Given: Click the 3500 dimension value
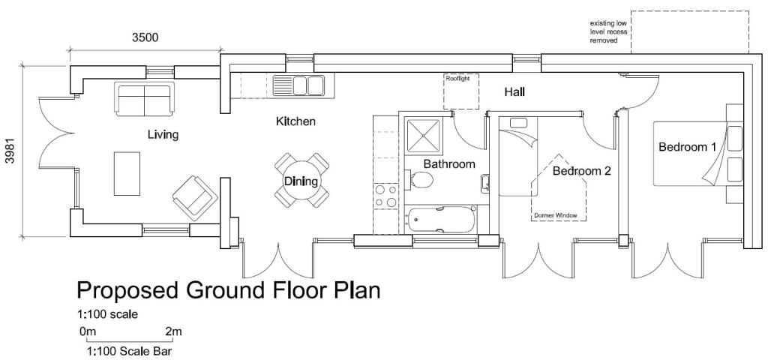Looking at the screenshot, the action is pos(145,38).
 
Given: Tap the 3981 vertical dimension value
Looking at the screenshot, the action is pos(10,150).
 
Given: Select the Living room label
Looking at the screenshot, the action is pos(163,135).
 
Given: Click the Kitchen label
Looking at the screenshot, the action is pos(295,121).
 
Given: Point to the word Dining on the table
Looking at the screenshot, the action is pos(301,181).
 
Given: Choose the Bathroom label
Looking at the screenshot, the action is pos(449,163).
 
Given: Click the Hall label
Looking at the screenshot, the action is pos(514,92).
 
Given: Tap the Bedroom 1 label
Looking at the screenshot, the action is pos(687,147).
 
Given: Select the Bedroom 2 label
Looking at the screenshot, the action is pos(581,171).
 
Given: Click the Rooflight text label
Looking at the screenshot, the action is pos(457,78).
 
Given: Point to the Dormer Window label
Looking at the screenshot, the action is pos(556,215).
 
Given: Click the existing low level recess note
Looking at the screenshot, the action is pos(608,32).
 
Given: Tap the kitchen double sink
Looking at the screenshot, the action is pos(298,83).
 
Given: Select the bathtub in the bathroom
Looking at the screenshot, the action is pos(441,220).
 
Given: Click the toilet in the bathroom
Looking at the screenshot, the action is pos(421,179).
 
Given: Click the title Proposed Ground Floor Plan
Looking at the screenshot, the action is pos(228,290).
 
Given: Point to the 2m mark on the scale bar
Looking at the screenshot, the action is pos(173,331).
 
